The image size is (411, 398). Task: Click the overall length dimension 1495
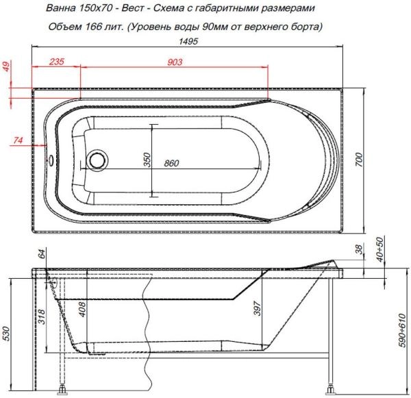coord(189,42)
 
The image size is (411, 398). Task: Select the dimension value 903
coord(175,62)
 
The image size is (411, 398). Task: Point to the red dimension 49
coord(7,67)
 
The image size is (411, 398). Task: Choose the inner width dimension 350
coord(146,160)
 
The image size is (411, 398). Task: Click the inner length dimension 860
coord(172,164)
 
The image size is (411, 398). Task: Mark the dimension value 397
coord(256,309)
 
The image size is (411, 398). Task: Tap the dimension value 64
coord(42,256)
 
